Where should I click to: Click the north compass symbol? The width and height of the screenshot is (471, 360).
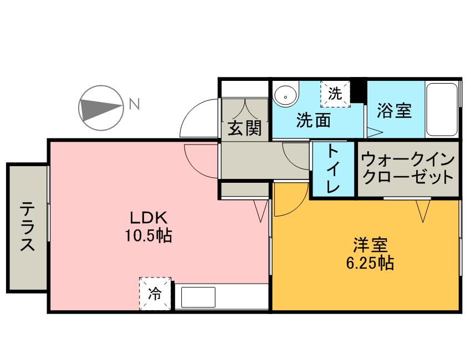pos(101,108)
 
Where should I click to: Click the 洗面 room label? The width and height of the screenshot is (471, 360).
pos(313,120)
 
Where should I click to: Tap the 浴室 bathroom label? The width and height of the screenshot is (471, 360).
pos(394,110)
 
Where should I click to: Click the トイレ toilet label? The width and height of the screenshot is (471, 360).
pos(333,169)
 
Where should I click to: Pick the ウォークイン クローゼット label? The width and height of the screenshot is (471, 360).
pos(408,169)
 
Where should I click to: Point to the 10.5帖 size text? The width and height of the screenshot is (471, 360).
pos(148,236)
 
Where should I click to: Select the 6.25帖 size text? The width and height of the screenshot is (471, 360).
pos(370,264)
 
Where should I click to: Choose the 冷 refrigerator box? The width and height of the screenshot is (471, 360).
pos(155,294)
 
